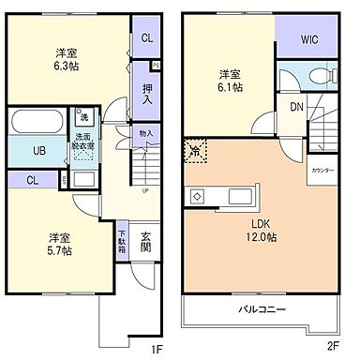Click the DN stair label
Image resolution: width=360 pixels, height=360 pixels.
pyautogui.click(x=296, y=106)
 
